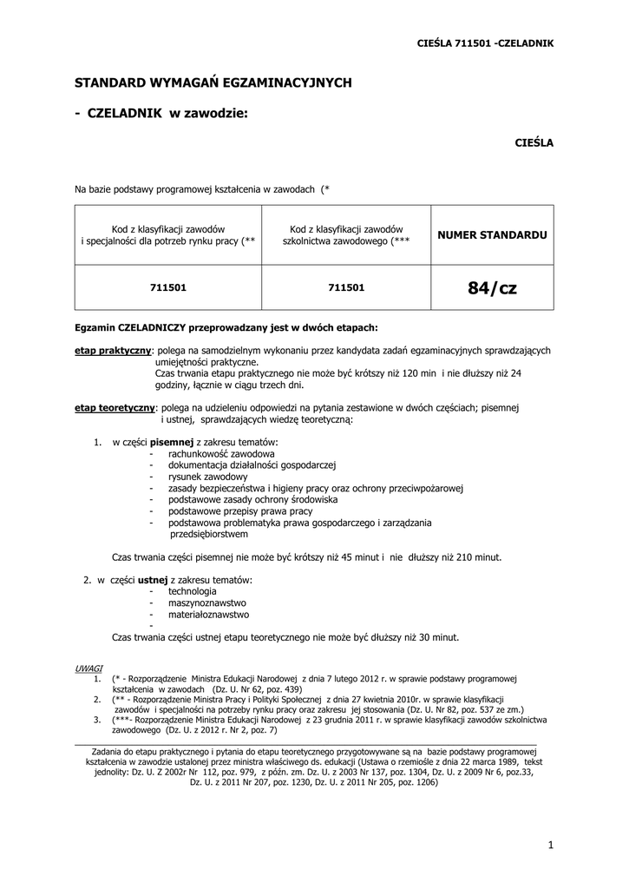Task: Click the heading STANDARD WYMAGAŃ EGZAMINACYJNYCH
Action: pos(213,82)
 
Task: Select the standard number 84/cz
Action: pos(491,287)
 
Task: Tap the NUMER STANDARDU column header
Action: pos(491,235)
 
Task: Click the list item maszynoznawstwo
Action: pos(207,603)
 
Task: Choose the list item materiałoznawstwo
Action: pos(208,614)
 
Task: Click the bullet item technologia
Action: pos(193,591)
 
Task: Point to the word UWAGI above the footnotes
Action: pos(88,668)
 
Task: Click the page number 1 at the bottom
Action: pos(550,844)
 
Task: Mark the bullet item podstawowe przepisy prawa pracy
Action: pos(240,511)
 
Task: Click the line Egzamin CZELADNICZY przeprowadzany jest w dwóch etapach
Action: pos(226,328)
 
